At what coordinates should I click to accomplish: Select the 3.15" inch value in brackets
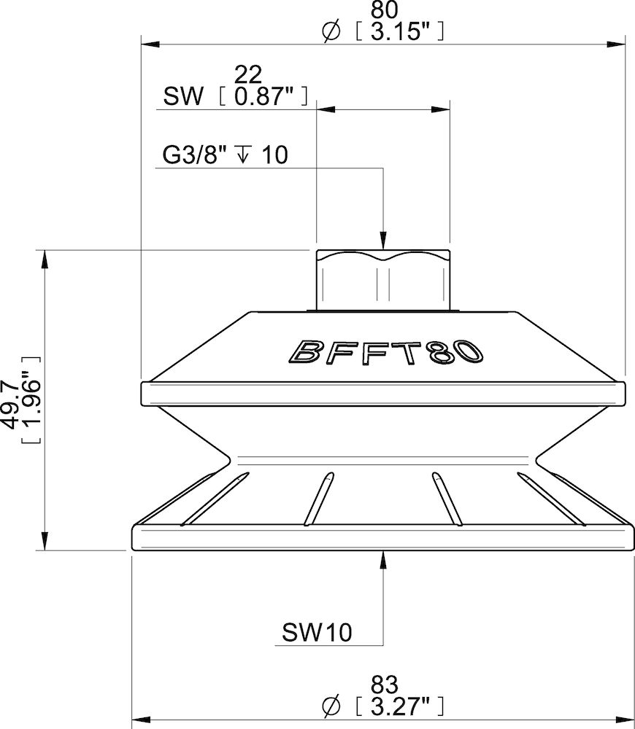(x=397, y=31)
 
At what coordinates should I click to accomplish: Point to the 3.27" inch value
(x=397, y=706)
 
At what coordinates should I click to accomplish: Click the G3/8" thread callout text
(x=196, y=156)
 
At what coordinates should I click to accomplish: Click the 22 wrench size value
(x=248, y=74)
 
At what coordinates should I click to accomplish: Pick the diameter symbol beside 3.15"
(x=330, y=31)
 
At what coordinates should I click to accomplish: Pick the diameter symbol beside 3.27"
(x=330, y=706)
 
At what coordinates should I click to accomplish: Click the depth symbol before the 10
(x=245, y=156)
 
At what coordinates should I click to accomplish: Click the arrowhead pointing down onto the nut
(x=382, y=240)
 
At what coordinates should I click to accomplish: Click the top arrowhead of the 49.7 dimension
(x=45, y=260)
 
